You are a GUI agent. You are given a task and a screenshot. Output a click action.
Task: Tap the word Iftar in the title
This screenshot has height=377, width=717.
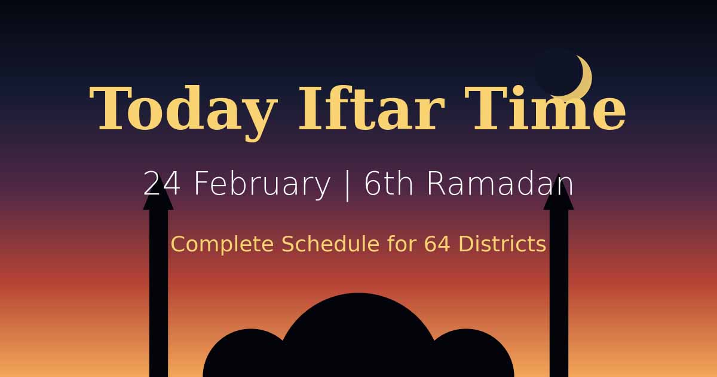(370, 109)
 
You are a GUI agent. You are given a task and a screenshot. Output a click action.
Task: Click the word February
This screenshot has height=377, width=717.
(262, 184)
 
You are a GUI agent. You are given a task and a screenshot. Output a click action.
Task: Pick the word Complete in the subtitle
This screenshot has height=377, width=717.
(223, 244)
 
